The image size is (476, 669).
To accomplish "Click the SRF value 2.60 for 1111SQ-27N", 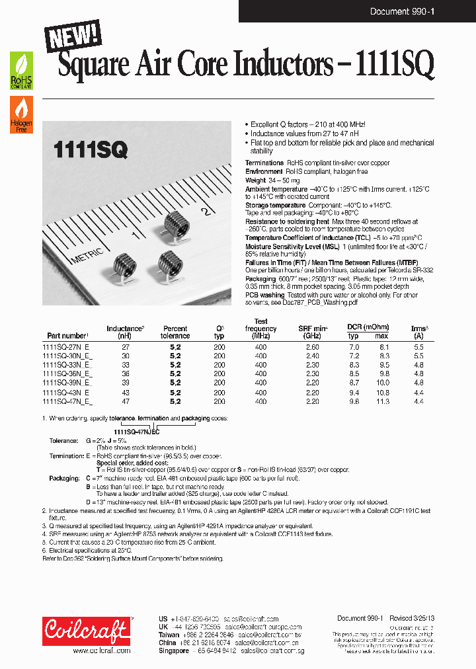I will tap(313, 346).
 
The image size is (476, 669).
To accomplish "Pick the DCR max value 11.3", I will tap(382, 401).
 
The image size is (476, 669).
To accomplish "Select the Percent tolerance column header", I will tap(175, 332).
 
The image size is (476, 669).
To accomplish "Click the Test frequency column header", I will tap(260, 329).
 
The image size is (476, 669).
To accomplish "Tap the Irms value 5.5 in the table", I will tap(418, 346).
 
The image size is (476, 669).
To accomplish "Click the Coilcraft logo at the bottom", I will tap(86, 631).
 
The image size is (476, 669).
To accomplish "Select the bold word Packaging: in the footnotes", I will tap(64, 477).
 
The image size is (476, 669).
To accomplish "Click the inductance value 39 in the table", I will tap(126, 383).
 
